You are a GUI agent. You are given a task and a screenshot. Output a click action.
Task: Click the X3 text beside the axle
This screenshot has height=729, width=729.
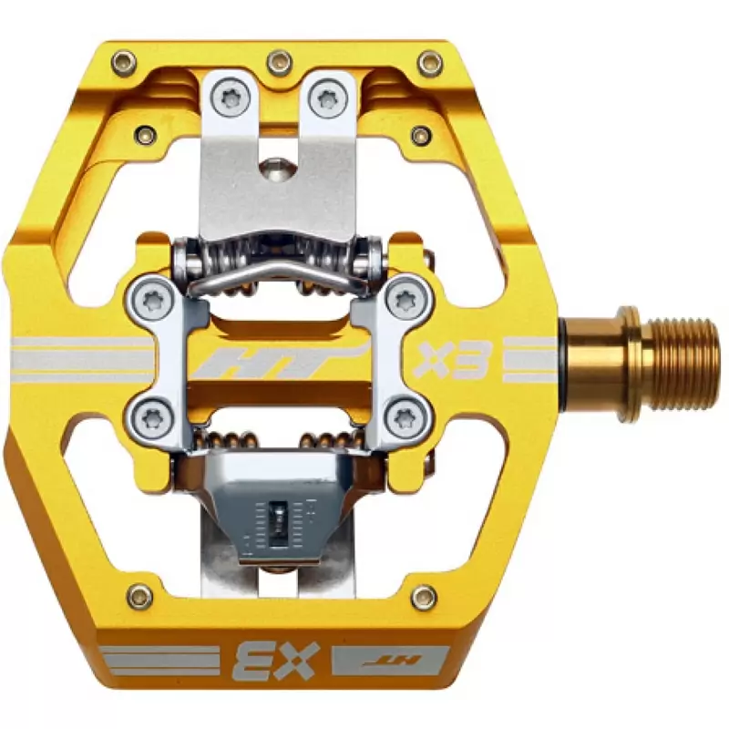tap(450, 360)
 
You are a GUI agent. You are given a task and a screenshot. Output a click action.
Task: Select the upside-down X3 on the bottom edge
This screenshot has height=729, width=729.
tap(278, 661)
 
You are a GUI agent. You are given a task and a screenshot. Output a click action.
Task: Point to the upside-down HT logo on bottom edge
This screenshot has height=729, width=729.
tap(391, 660)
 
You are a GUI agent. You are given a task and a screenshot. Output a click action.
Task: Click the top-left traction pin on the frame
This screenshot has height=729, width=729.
tap(124, 62)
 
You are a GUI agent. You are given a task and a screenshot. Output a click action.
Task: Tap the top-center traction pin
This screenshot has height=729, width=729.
tap(280, 61)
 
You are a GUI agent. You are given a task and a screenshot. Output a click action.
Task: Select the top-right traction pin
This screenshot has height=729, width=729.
tap(430, 62)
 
